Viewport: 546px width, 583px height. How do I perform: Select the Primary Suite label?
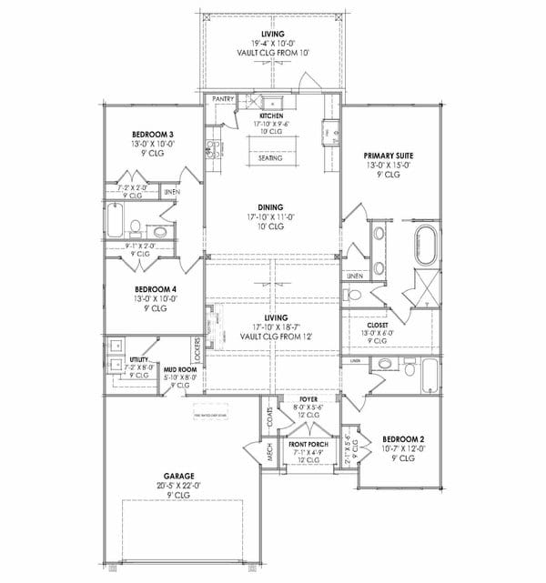pyautogui.click(x=386, y=155)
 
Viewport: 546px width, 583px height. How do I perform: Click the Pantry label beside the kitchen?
pyautogui.click(x=223, y=98)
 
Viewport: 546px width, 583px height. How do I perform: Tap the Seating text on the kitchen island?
pyautogui.click(x=269, y=158)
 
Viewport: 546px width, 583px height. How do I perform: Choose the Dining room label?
pyautogui.click(x=270, y=207)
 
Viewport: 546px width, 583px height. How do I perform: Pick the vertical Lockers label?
pyautogui.click(x=197, y=347)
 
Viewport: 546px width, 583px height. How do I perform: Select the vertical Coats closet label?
pyautogui.click(x=270, y=417)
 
